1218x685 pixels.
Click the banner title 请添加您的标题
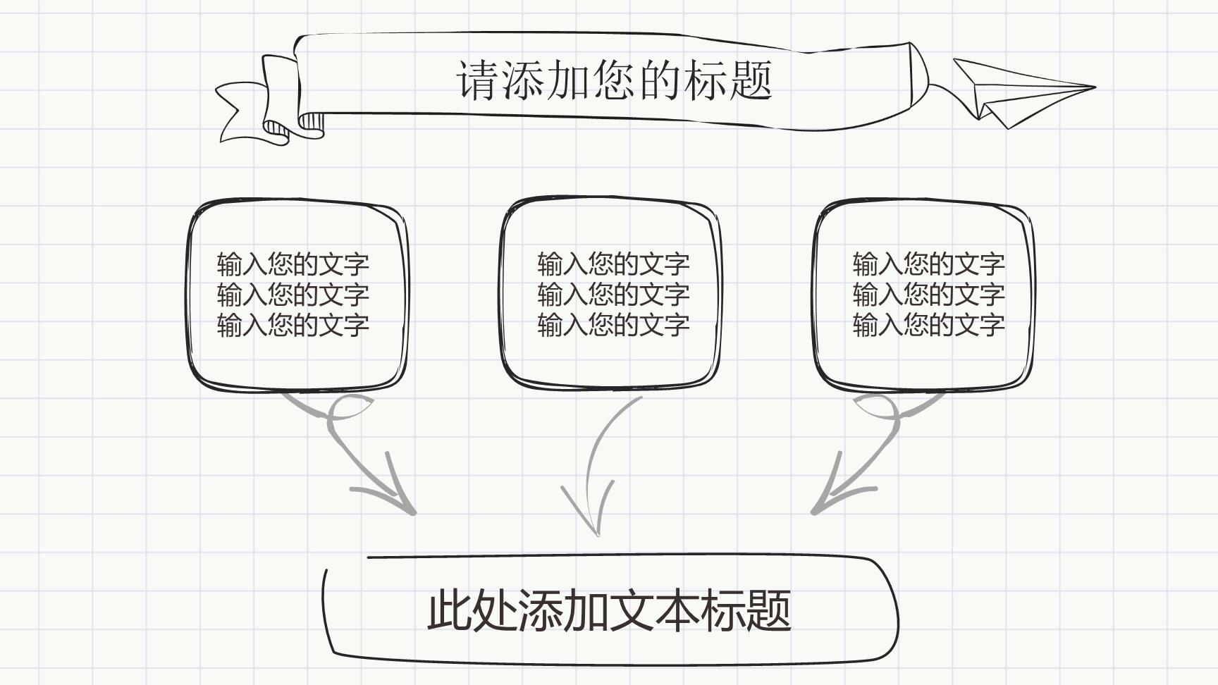click(x=615, y=80)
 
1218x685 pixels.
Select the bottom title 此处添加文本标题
click(x=609, y=610)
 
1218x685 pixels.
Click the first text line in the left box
click(x=293, y=265)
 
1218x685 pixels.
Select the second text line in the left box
click(x=293, y=295)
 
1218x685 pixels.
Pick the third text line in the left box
click(x=293, y=326)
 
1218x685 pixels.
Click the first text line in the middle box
click(x=613, y=265)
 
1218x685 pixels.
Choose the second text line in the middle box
click(x=613, y=295)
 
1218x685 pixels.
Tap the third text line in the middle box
click(x=613, y=326)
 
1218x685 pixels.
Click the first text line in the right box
click(x=928, y=265)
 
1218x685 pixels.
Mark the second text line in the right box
click(x=928, y=295)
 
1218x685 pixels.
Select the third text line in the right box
click(x=928, y=326)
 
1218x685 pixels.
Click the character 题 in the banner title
click(x=751, y=80)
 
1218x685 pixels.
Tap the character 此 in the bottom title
click(x=449, y=610)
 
